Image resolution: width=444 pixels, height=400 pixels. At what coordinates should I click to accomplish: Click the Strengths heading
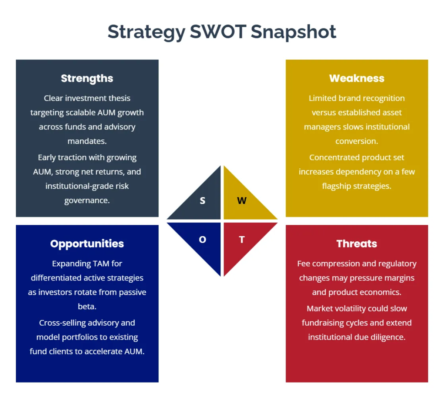(x=87, y=78)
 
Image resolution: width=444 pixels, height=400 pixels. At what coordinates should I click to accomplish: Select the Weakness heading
(x=357, y=78)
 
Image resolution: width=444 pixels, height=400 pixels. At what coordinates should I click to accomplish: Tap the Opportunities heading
(x=87, y=243)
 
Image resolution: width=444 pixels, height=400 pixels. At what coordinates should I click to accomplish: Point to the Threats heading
(x=357, y=243)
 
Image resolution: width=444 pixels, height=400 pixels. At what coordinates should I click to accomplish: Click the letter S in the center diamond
(x=202, y=201)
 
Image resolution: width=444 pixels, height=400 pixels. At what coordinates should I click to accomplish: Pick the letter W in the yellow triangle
(x=242, y=201)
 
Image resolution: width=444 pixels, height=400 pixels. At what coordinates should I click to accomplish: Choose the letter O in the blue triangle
(x=202, y=239)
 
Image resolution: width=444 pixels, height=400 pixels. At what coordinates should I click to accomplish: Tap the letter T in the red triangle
(x=242, y=239)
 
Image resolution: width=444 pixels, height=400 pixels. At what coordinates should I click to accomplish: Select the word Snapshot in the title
(x=293, y=31)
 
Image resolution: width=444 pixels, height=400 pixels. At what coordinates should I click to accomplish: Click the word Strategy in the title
(x=146, y=32)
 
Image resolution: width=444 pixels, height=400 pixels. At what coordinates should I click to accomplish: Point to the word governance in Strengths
(x=86, y=201)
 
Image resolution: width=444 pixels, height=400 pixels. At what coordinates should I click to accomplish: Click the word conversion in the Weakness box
(x=356, y=141)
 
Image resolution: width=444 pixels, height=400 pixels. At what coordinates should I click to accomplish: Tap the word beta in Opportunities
(x=86, y=306)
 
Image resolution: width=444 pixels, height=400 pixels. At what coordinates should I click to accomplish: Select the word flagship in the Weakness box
(x=336, y=186)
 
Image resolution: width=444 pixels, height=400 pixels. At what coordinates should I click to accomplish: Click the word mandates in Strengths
(x=86, y=141)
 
